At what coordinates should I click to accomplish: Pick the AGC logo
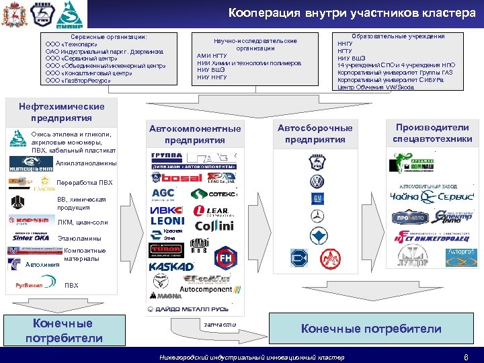[x=163, y=194]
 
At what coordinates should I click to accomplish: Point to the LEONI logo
[x=167, y=220]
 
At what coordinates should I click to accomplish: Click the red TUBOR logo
[x=165, y=249]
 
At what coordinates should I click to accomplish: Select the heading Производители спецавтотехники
[x=432, y=133]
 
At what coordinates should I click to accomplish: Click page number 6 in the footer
[x=466, y=356]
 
